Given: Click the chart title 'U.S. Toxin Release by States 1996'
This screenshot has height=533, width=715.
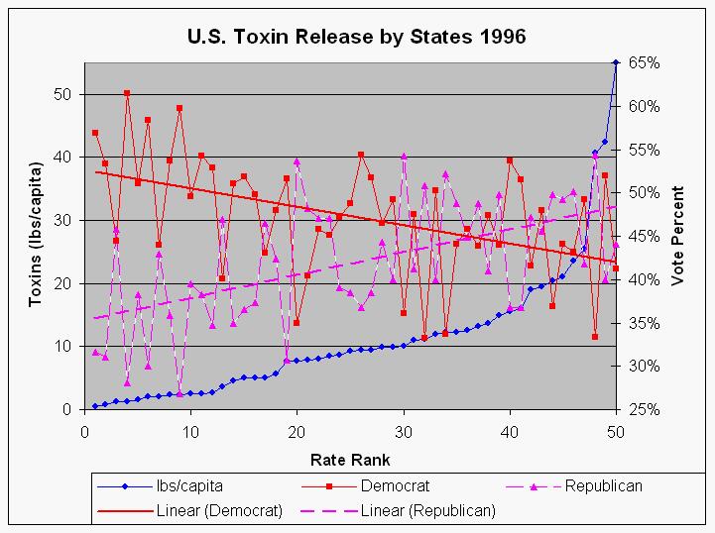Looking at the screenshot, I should click(357, 38).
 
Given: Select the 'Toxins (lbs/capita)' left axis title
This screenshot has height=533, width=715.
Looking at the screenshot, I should click(37, 236).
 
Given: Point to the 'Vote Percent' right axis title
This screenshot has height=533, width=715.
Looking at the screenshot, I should click(678, 237).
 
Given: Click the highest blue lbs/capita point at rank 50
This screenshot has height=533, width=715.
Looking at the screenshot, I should click(616, 62).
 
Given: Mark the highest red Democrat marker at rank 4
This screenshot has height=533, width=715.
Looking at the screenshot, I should click(127, 93).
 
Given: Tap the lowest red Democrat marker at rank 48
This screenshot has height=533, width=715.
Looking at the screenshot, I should click(595, 337).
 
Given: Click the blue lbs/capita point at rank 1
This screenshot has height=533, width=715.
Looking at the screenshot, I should click(95, 406).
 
